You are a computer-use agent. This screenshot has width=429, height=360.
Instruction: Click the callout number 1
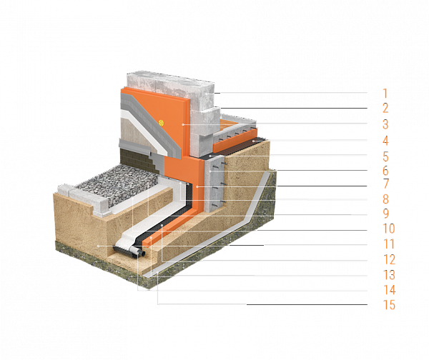(x=385, y=94)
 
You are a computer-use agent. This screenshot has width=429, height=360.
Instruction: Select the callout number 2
(x=385, y=109)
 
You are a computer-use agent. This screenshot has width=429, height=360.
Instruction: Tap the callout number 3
(x=385, y=125)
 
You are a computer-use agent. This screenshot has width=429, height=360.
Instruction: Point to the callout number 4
(x=385, y=141)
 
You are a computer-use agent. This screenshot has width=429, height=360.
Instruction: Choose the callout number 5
(x=385, y=157)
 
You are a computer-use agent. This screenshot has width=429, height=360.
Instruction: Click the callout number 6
(x=385, y=172)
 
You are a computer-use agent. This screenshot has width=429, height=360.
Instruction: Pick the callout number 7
(x=385, y=186)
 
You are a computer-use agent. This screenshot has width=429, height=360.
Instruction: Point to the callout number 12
(x=388, y=261)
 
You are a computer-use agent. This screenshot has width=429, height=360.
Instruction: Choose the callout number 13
(x=388, y=276)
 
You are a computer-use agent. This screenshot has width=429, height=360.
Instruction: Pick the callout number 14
(x=388, y=291)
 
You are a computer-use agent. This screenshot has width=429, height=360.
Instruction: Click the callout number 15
(x=388, y=306)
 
